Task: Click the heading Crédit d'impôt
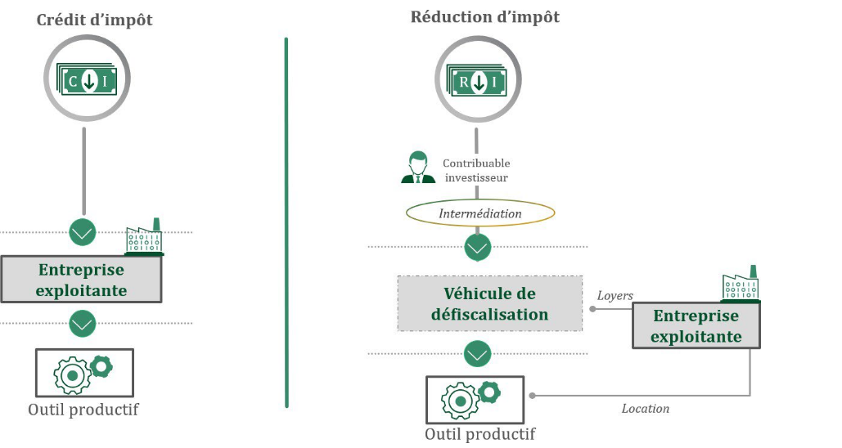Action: (94, 20)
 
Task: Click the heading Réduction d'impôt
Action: (485, 16)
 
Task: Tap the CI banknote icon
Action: (86, 79)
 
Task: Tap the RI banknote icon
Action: (477, 80)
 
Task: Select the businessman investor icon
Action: (417, 168)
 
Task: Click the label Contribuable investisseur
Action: (476, 169)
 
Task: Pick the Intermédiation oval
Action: (480, 213)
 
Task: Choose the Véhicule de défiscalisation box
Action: (490, 303)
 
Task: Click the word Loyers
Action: (615, 295)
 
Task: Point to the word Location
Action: (645, 408)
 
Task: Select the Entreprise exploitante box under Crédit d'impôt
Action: (81, 279)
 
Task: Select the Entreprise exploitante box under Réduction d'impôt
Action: (696, 325)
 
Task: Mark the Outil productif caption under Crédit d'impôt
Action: (83, 410)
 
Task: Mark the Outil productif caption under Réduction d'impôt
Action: (480, 433)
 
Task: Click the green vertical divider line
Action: (286, 221)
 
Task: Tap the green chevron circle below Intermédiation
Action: (477, 247)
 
